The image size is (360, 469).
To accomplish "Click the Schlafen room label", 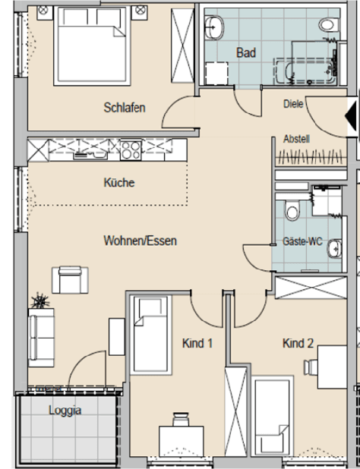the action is click(125, 108).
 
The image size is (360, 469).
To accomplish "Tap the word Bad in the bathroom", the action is click(246, 52).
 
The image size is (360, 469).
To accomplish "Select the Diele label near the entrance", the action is click(293, 104).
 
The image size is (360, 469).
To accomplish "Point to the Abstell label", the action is click(296, 139).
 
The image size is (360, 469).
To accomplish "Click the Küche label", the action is click(119, 182).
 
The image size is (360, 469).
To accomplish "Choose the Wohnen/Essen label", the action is click(140, 241).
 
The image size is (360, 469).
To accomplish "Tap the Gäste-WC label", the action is click(302, 241).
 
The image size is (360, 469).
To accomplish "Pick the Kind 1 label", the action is click(197, 343).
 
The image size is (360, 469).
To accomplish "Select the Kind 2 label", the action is click(298, 343).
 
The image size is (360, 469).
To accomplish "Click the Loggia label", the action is click(65, 411).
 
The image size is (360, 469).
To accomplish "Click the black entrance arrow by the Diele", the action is click(351, 116).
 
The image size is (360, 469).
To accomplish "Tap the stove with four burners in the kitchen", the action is click(131, 150).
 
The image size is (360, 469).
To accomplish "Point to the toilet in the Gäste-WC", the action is click(292, 210).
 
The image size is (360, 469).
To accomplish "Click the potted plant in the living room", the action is click(40, 301).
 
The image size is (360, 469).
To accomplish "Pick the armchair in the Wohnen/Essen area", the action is click(70, 280).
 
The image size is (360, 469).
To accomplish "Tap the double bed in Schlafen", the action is click(92, 46).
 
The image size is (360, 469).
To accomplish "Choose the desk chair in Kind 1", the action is click(181, 420).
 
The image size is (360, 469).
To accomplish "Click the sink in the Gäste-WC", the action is click(334, 249).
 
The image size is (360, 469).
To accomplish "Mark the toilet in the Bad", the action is click(328, 24).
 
